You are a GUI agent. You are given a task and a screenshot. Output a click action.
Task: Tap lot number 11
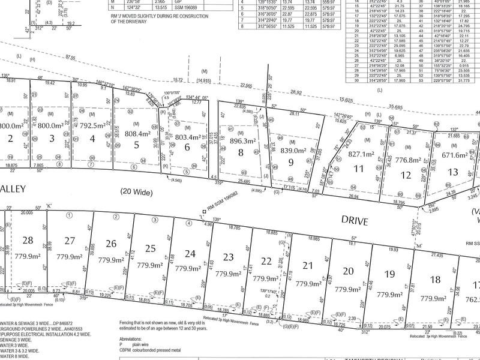coord(359,170)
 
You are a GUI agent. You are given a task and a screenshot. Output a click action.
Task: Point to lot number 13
coord(454,172)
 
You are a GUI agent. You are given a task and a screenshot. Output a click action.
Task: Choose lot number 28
coord(28,241)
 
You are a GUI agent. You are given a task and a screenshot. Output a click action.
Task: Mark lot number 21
coord(308,266)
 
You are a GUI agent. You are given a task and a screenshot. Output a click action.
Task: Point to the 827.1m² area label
coord(362,154)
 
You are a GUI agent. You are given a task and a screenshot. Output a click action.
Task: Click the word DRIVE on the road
coord(353,221)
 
